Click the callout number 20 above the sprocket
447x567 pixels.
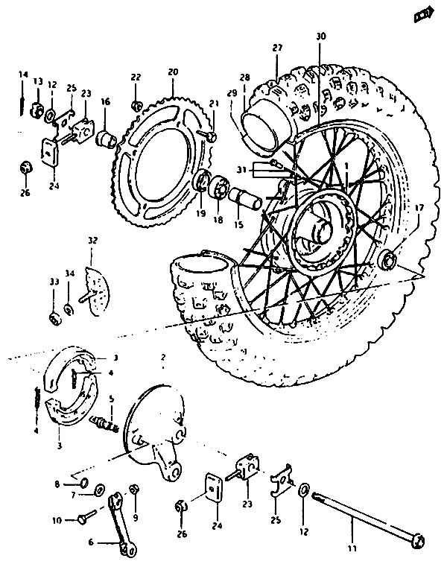point(174,72)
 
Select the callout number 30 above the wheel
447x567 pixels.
point(321,37)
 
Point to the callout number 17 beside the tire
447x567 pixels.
point(419,208)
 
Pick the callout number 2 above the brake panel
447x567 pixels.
point(163,358)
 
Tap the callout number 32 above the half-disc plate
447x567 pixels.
point(92,241)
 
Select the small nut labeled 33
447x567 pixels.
point(55,319)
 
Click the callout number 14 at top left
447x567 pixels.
point(23,75)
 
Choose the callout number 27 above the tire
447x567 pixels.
point(277,48)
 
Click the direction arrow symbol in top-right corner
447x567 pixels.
point(424,14)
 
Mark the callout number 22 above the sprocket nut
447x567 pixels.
point(136,77)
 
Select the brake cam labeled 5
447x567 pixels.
point(104,424)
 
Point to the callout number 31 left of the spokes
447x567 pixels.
point(241,170)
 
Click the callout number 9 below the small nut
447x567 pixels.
point(136,518)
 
